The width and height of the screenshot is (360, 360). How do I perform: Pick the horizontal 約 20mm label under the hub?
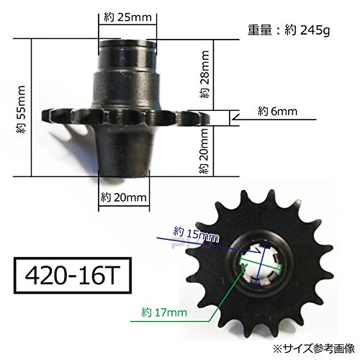point(123,196)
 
